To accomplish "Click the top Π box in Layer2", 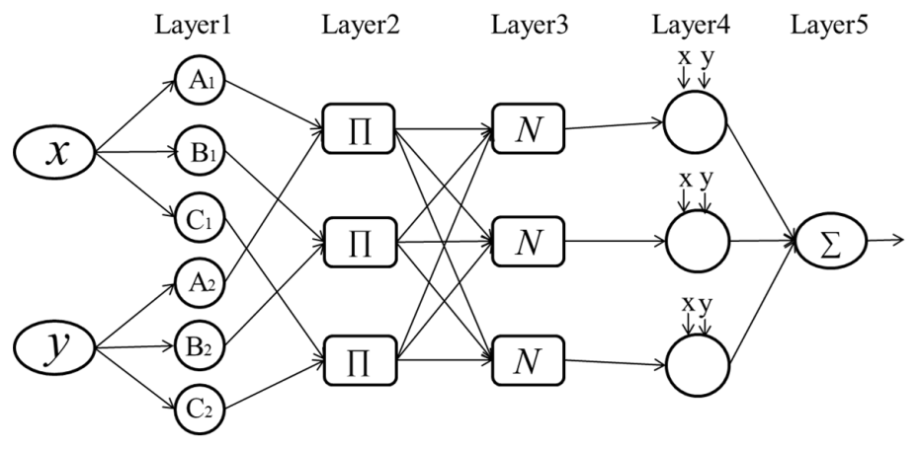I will point(359,131).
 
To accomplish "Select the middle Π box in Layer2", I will point(359,240).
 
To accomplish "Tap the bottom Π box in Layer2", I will point(359,349).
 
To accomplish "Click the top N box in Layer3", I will point(528,131).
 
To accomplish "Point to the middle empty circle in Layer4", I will point(696,240).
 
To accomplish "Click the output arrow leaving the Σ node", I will point(886,239).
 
